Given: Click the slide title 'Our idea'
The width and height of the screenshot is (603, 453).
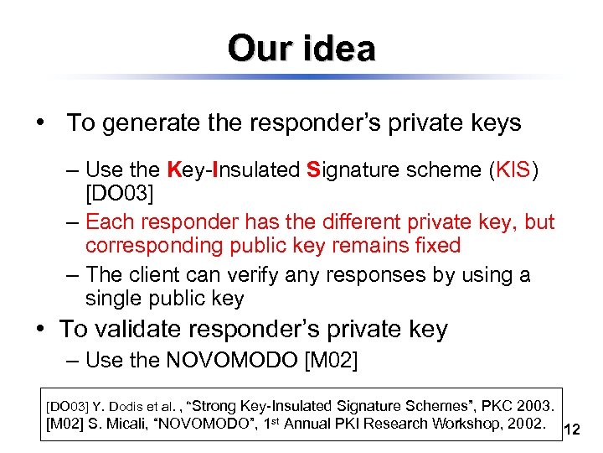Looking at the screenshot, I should [301, 48].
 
